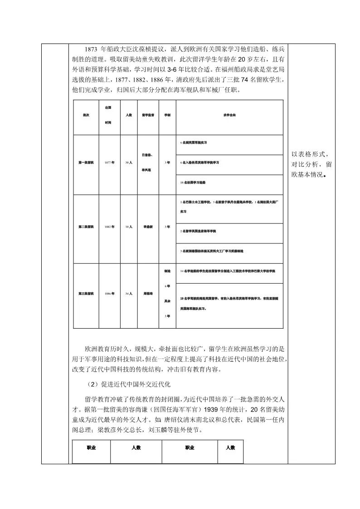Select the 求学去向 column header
pos(229,116)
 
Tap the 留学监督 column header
pos(148,116)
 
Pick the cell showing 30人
pos(129,162)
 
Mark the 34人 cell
pos(129,293)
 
